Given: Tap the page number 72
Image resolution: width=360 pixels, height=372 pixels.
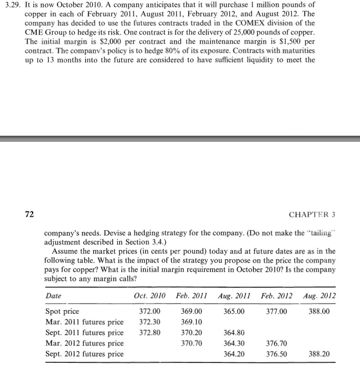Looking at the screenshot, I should pyautogui.click(x=30, y=214).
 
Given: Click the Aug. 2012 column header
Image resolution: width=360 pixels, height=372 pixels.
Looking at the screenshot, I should pyautogui.click(x=320, y=296).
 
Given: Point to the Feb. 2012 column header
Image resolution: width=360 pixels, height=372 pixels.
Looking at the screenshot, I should pyautogui.click(x=277, y=296).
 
